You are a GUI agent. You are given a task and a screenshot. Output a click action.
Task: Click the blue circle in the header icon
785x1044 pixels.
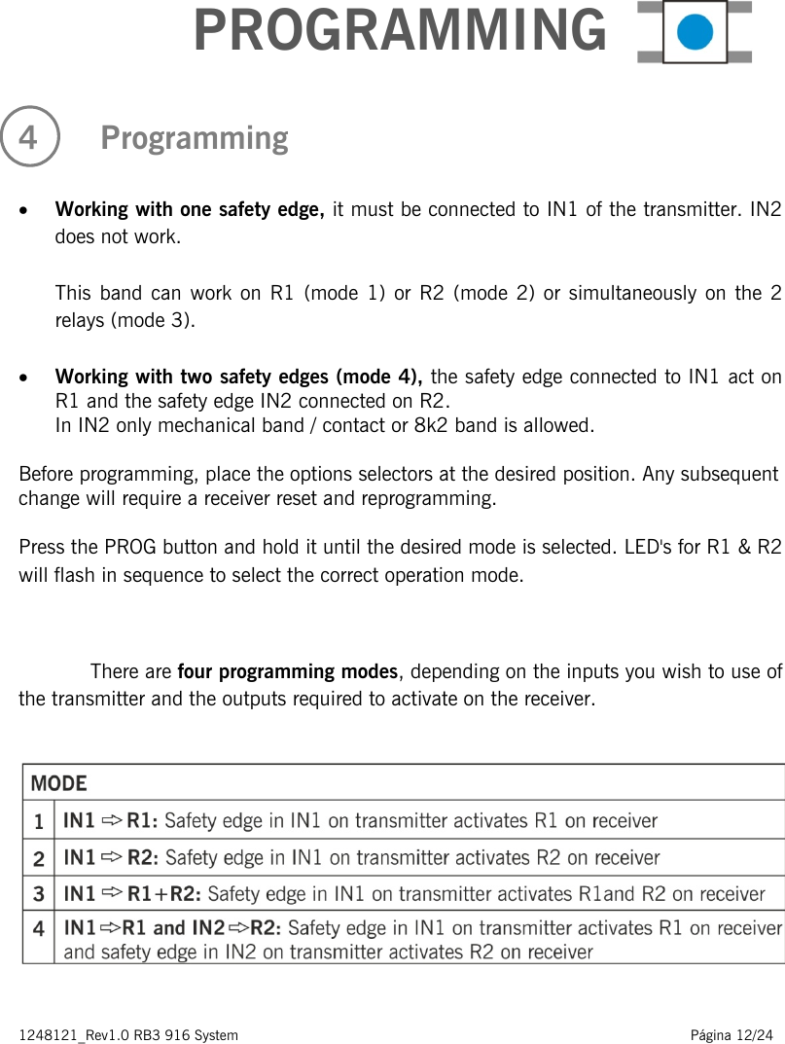(695, 32)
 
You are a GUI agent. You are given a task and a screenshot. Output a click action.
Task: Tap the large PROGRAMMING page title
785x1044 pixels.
(400, 30)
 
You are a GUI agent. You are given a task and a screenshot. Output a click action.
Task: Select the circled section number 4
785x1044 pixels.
(29, 138)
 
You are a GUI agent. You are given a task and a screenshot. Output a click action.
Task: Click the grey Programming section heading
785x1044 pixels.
(195, 138)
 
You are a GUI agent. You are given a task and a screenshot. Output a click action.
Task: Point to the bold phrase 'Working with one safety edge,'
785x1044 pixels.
(191, 209)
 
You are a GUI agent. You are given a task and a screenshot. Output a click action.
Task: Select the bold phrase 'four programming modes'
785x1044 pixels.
(287, 672)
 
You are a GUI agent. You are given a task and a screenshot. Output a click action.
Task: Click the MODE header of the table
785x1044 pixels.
(58, 783)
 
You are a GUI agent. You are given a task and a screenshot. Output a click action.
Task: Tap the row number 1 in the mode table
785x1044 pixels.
(38, 821)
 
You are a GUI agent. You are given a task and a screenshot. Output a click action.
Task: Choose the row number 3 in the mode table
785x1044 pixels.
(38, 893)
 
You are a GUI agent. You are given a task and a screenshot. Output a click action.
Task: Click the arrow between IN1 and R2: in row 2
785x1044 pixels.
(112, 857)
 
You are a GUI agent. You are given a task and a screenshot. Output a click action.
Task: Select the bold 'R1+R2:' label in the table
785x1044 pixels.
(165, 893)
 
